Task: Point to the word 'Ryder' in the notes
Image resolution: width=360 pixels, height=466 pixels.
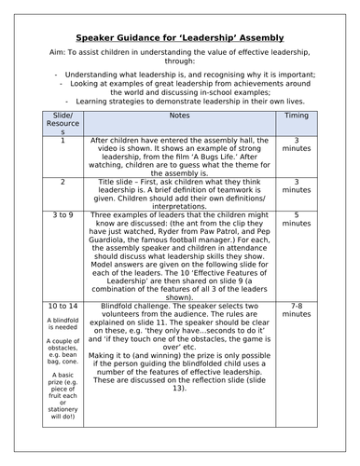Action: coord(154,234)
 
